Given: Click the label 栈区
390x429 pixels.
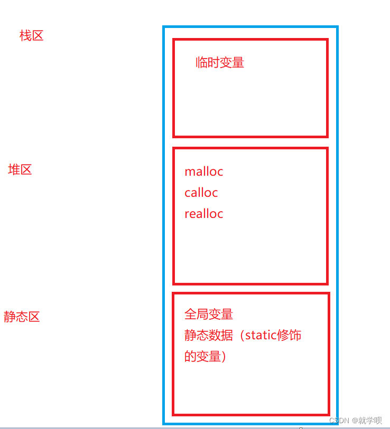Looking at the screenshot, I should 31,36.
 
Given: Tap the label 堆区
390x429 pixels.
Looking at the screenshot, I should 20,170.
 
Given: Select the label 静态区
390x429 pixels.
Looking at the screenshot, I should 22,317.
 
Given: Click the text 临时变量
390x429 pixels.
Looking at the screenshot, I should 220,63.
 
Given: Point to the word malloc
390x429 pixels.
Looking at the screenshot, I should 204,171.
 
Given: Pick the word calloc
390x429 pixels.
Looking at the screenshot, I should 201,193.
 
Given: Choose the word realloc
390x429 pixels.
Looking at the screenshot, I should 204,214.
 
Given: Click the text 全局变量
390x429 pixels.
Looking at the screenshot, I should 209,314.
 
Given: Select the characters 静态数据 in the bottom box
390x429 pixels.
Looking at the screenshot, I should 209,336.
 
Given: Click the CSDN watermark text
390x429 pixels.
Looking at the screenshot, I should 339,421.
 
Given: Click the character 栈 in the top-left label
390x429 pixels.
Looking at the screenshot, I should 25,36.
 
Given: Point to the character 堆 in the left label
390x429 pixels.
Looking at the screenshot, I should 14,170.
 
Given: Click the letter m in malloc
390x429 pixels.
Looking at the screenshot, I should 189,172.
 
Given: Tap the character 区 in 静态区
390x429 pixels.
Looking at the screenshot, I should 34,317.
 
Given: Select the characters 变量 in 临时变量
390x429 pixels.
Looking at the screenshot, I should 232,63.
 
